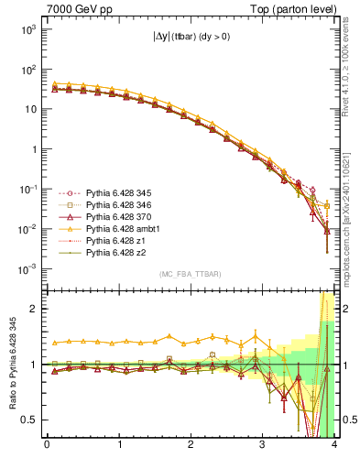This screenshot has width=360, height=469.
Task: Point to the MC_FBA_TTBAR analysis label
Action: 190,274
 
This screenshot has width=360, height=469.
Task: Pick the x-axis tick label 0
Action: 47,446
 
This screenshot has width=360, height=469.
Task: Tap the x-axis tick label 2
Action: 190,446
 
